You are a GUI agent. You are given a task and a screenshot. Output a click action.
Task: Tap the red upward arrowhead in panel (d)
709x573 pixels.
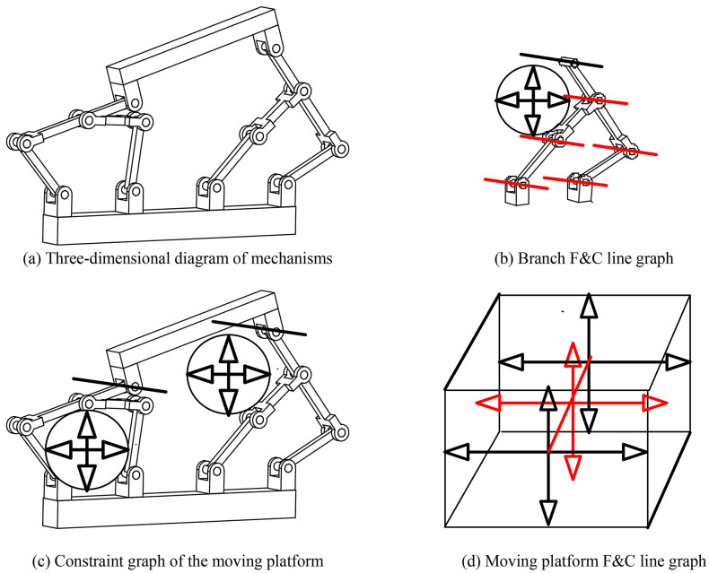pos(569,354)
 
